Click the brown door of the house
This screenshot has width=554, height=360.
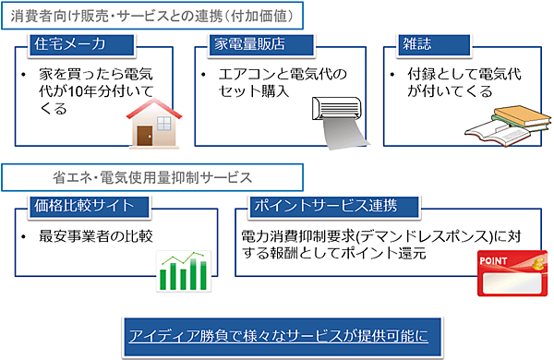144,134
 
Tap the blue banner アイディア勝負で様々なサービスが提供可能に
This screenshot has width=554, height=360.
277,333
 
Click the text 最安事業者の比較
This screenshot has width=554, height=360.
96,236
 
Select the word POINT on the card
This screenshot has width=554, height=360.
493,262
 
